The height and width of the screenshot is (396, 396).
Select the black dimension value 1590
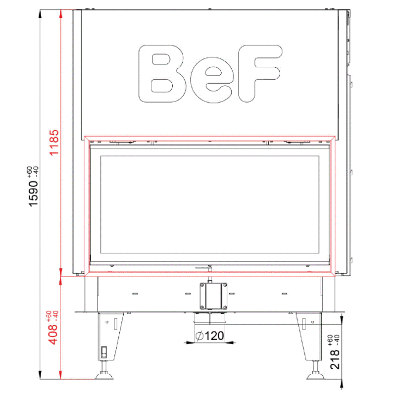pos(33,194)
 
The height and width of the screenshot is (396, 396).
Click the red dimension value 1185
pos(54,143)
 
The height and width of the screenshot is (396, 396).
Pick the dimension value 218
pos(335,359)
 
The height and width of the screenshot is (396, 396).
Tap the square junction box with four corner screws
pos(213,296)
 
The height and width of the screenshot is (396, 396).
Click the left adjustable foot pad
pos(104,376)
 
